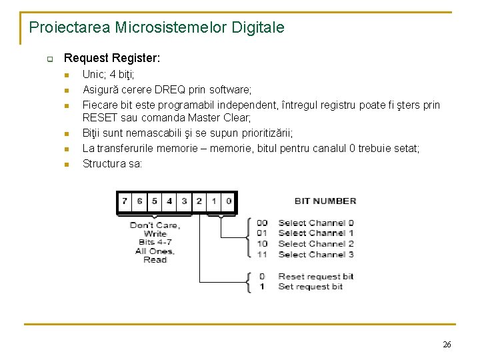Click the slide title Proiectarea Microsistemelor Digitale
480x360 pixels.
point(157,28)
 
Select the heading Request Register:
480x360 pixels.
point(111,59)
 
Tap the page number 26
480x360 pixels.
point(446,345)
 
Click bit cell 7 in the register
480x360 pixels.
point(125,201)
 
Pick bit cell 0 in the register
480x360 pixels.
point(229,201)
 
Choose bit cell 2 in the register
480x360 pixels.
point(199,201)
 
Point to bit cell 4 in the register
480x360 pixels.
point(169,201)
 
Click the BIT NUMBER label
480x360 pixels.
point(325,201)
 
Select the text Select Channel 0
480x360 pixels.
point(316,223)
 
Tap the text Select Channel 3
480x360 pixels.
point(316,254)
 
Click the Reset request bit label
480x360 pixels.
point(316,276)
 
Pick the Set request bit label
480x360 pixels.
point(311,286)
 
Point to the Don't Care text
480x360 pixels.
point(155,225)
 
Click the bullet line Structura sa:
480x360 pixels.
point(112,163)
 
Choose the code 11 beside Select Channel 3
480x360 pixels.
point(262,254)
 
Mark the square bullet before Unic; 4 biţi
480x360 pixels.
point(67,76)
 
